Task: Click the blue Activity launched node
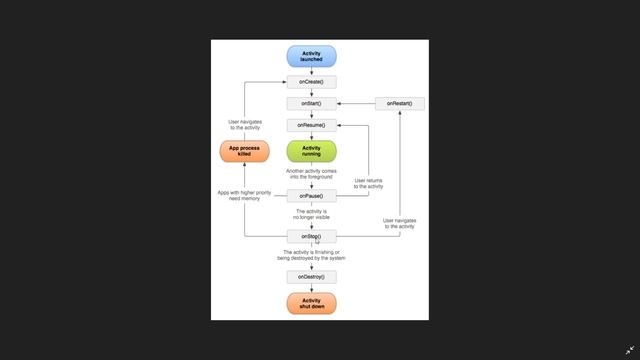[x=311, y=56]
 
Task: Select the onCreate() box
[x=311, y=82]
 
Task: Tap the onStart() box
[x=311, y=103]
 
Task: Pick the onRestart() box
[x=400, y=103]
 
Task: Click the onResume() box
[x=311, y=125]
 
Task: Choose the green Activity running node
[x=311, y=151]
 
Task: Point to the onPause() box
[x=311, y=196]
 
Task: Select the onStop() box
[x=311, y=236]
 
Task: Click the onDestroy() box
[x=311, y=276]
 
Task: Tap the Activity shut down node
[x=311, y=303]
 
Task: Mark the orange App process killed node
[x=244, y=151]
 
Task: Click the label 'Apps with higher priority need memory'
[x=244, y=195]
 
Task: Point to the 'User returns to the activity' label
[x=368, y=183]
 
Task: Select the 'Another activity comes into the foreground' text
[x=311, y=174]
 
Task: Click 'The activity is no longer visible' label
[x=311, y=215]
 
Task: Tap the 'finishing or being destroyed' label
[x=311, y=255]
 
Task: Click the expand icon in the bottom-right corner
[x=629, y=351]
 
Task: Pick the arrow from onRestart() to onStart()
[x=356, y=103]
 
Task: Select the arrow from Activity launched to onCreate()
[x=311, y=71]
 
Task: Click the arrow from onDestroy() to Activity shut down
[x=311, y=288]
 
